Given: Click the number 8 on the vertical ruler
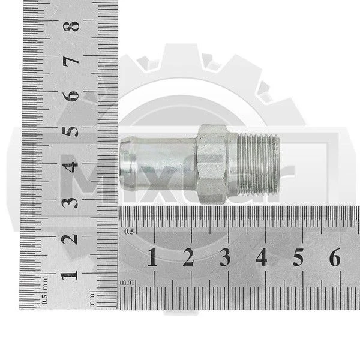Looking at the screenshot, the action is pyautogui.click(x=71, y=26).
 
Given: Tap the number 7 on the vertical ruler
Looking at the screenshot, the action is pyautogui.click(x=71, y=61).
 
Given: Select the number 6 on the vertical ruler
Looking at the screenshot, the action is pyautogui.click(x=71, y=96).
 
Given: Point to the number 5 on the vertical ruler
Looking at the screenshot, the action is pyautogui.click(x=70, y=131).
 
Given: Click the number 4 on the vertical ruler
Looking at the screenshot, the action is pyautogui.click(x=70, y=167).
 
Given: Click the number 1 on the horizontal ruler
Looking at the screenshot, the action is pyautogui.click(x=152, y=257).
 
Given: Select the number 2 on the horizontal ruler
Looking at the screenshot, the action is pyautogui.click(x=188, y=257).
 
